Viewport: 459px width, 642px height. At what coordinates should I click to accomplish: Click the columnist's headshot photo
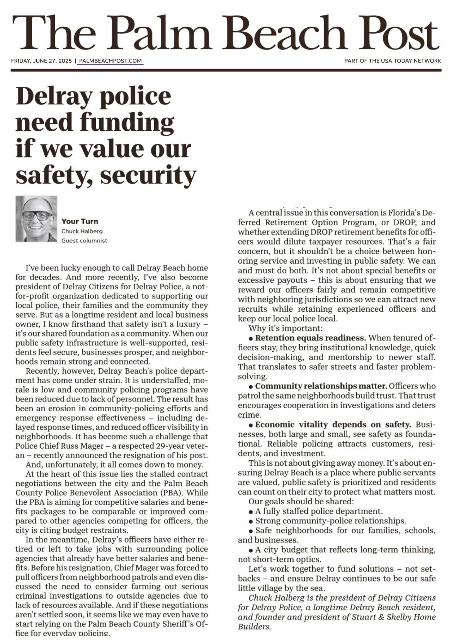[36, 219]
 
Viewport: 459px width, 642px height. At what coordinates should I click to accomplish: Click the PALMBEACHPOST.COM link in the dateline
[110, 61]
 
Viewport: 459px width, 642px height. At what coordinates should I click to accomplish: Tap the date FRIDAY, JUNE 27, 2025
[41, 61]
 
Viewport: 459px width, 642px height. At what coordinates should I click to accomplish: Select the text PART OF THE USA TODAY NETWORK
[393, 61]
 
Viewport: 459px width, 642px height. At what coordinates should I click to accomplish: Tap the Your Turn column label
[80, 221]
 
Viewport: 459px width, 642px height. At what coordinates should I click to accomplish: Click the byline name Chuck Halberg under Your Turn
[82, 231]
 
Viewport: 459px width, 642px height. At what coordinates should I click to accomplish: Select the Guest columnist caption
[84, 241]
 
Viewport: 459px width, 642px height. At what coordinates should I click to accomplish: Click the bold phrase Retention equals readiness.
[311, 338]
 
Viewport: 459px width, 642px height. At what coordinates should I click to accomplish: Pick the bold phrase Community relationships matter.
[321, 386]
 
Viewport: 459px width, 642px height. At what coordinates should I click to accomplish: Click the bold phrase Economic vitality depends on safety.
[333, 425]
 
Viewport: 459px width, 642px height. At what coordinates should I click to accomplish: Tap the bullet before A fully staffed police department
[251, 512]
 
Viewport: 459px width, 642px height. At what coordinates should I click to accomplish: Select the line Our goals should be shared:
[301, 502]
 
